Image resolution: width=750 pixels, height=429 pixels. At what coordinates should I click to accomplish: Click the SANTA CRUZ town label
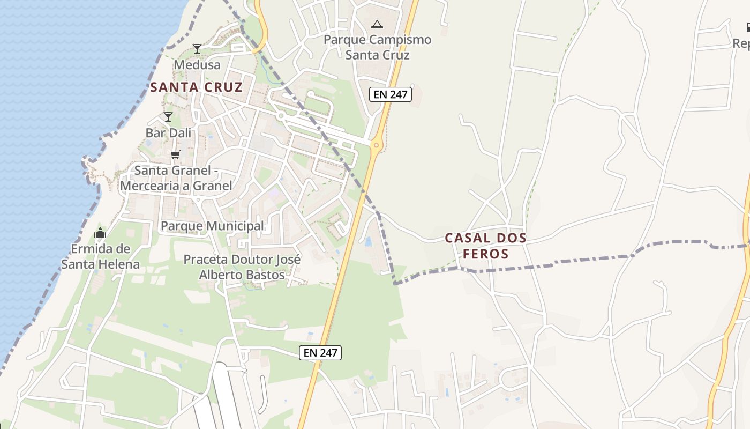[196, 87]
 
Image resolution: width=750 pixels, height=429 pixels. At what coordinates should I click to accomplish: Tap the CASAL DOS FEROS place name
[485, 246]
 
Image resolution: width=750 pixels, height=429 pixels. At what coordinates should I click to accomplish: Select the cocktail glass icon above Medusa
[197, 49]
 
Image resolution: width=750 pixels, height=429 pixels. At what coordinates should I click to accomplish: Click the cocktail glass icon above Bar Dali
[168, 116]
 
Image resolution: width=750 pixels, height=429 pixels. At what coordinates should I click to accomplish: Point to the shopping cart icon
[175, 155]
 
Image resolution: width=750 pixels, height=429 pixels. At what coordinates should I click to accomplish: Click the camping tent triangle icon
[377, 24]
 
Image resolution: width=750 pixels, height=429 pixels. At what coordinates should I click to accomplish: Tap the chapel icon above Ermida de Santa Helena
[100, 233]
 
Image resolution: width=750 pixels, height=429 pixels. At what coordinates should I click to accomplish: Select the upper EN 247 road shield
[391, 95]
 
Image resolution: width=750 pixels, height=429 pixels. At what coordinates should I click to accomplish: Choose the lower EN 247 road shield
[320, 352]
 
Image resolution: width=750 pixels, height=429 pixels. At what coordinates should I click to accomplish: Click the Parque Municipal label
[212, 226]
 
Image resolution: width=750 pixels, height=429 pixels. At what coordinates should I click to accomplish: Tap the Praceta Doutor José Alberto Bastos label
[242, 267]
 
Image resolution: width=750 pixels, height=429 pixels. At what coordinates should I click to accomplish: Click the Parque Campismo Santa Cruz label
[377, 47]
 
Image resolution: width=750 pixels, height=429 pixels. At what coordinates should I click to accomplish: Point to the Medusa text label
[197, 65]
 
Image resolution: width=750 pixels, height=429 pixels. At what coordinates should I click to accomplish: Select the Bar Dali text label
[168, 132]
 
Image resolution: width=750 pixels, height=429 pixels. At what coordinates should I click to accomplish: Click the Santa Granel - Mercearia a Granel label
[176, 178]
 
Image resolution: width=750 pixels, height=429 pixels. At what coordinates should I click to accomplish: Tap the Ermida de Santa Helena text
[100, 256]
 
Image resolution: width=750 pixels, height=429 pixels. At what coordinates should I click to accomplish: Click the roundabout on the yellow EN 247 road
[377, 145]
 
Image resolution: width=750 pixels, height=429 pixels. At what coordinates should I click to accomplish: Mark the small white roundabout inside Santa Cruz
[281, 116]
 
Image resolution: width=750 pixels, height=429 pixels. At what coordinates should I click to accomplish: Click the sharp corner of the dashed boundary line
[395, 283]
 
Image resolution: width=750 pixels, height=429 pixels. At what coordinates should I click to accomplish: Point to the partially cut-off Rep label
[741, 43]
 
